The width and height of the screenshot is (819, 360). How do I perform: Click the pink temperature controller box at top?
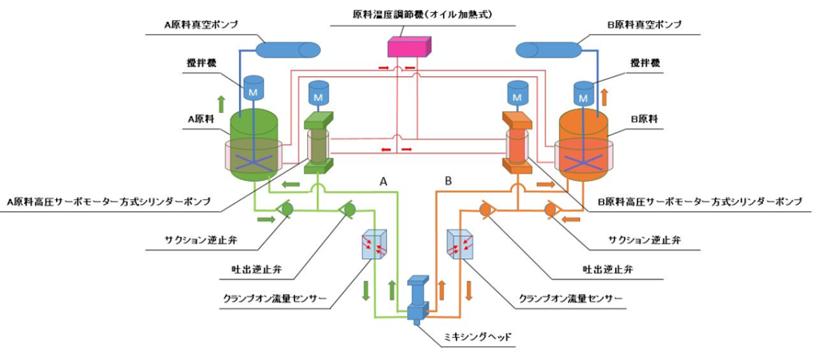tap(409, 47)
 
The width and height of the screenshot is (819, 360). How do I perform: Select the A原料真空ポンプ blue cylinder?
tap(286, 50)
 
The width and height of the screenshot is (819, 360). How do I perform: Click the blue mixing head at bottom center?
tap(418, 300)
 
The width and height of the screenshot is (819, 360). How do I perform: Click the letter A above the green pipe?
tap(384, 182)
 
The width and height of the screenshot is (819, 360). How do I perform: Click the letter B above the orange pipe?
tap(449, 182)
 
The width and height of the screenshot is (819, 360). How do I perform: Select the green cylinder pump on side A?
tap(318, 144)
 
